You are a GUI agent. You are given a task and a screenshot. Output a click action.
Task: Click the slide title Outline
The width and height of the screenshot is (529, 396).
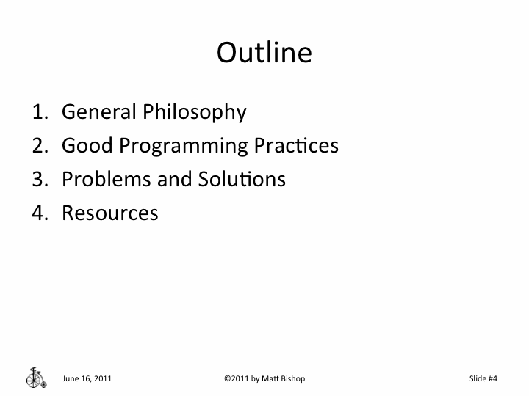(x=264, y=53)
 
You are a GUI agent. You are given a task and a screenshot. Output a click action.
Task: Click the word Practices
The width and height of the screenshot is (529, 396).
(x=296, y=146)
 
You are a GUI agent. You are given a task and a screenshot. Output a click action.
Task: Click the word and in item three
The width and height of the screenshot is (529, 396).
(x=173, y=180)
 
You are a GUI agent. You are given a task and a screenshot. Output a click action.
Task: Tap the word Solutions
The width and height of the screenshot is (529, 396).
(x=241, y=180)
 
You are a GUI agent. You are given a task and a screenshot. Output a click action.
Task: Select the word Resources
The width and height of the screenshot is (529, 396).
(x=110, y=213)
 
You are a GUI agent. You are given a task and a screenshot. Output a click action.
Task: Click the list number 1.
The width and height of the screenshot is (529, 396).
(x=39, y=112)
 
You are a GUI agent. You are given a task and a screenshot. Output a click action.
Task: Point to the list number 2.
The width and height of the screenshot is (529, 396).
(x=39, y=146)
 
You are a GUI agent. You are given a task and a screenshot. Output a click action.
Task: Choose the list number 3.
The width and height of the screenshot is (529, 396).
(x=39, y=180)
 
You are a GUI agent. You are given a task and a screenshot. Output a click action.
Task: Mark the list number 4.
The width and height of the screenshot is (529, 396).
(x=39, y=213)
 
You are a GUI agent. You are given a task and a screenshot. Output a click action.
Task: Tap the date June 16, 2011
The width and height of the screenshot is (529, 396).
(x=87, y=378)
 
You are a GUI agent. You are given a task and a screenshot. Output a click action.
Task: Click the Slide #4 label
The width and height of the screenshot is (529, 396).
(x=483, y=378)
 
